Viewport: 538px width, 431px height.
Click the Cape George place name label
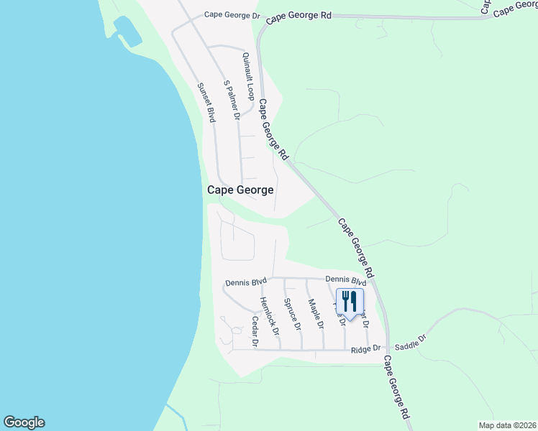click(240, 190)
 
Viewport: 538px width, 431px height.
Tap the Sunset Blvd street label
click(206, 103)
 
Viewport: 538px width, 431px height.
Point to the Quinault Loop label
click(249, 76)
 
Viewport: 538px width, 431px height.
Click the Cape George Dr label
click(230, 14)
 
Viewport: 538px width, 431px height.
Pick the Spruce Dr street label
click(292, 314)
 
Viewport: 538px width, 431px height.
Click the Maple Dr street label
click(316, 314)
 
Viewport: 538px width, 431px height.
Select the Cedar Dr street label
click(254, 332)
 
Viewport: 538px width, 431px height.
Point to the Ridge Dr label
click(365, 350)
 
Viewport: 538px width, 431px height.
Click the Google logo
click(24, 422)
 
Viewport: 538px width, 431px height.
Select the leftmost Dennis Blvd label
click(245, 282)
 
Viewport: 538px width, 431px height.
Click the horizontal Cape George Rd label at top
click(298, 15)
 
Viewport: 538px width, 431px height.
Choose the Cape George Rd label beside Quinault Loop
click(273, 130)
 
